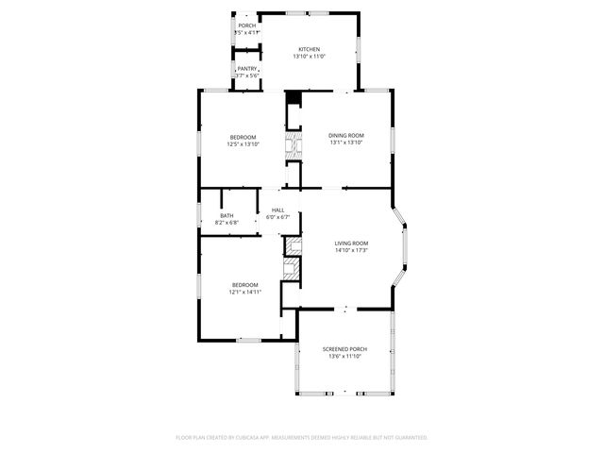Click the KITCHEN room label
[309, 49]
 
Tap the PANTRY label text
[247, 68]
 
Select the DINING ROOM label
[345, 135]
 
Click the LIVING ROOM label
[350, 243]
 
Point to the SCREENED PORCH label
[344, 349]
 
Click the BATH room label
[226, 215]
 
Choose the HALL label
[277, 210]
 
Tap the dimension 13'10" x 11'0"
[309, 57]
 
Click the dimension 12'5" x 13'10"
[243, 144]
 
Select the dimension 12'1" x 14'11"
[244, 292]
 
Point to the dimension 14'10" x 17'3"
[350, 251]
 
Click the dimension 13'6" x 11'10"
[344, 357]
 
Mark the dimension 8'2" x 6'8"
[227, 223]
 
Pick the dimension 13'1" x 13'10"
[345, 143]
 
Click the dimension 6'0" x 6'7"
[278, 217]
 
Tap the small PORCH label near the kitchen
[246, 25]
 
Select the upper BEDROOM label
[243, 137]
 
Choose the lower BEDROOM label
[244, 284]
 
